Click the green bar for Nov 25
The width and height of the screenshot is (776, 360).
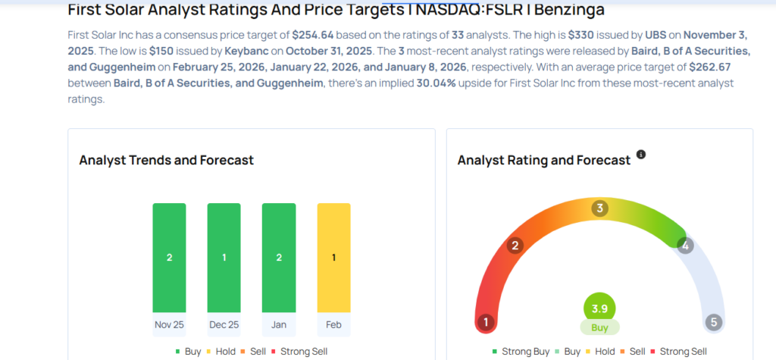click(x=169, y=258)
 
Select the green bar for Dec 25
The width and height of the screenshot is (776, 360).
click(x=224, y=258)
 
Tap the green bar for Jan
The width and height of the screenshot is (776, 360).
click(x=279, y=258)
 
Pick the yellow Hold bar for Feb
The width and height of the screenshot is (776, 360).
click(x=333, y=258)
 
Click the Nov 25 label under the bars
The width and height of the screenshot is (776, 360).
click(x=169, y=324)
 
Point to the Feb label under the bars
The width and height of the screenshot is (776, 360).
click(x=333, y=324)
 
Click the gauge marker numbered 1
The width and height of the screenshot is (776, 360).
click(x=486, y=322)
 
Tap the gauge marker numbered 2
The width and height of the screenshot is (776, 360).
click(x=516, y=246)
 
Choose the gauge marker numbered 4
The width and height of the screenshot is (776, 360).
click(x=685, y=246)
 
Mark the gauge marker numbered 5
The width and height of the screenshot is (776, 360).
click(x=712, y=322)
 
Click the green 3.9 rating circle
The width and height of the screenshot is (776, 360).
click(x=599, y=308)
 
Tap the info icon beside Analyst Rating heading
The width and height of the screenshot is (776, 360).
click(x=641, y=155)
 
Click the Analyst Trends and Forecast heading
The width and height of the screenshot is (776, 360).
click(x=166, y=160)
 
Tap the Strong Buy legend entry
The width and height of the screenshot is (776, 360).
click(x=522, y=352)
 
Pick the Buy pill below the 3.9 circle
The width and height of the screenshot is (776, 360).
click(x=599, y=327)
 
